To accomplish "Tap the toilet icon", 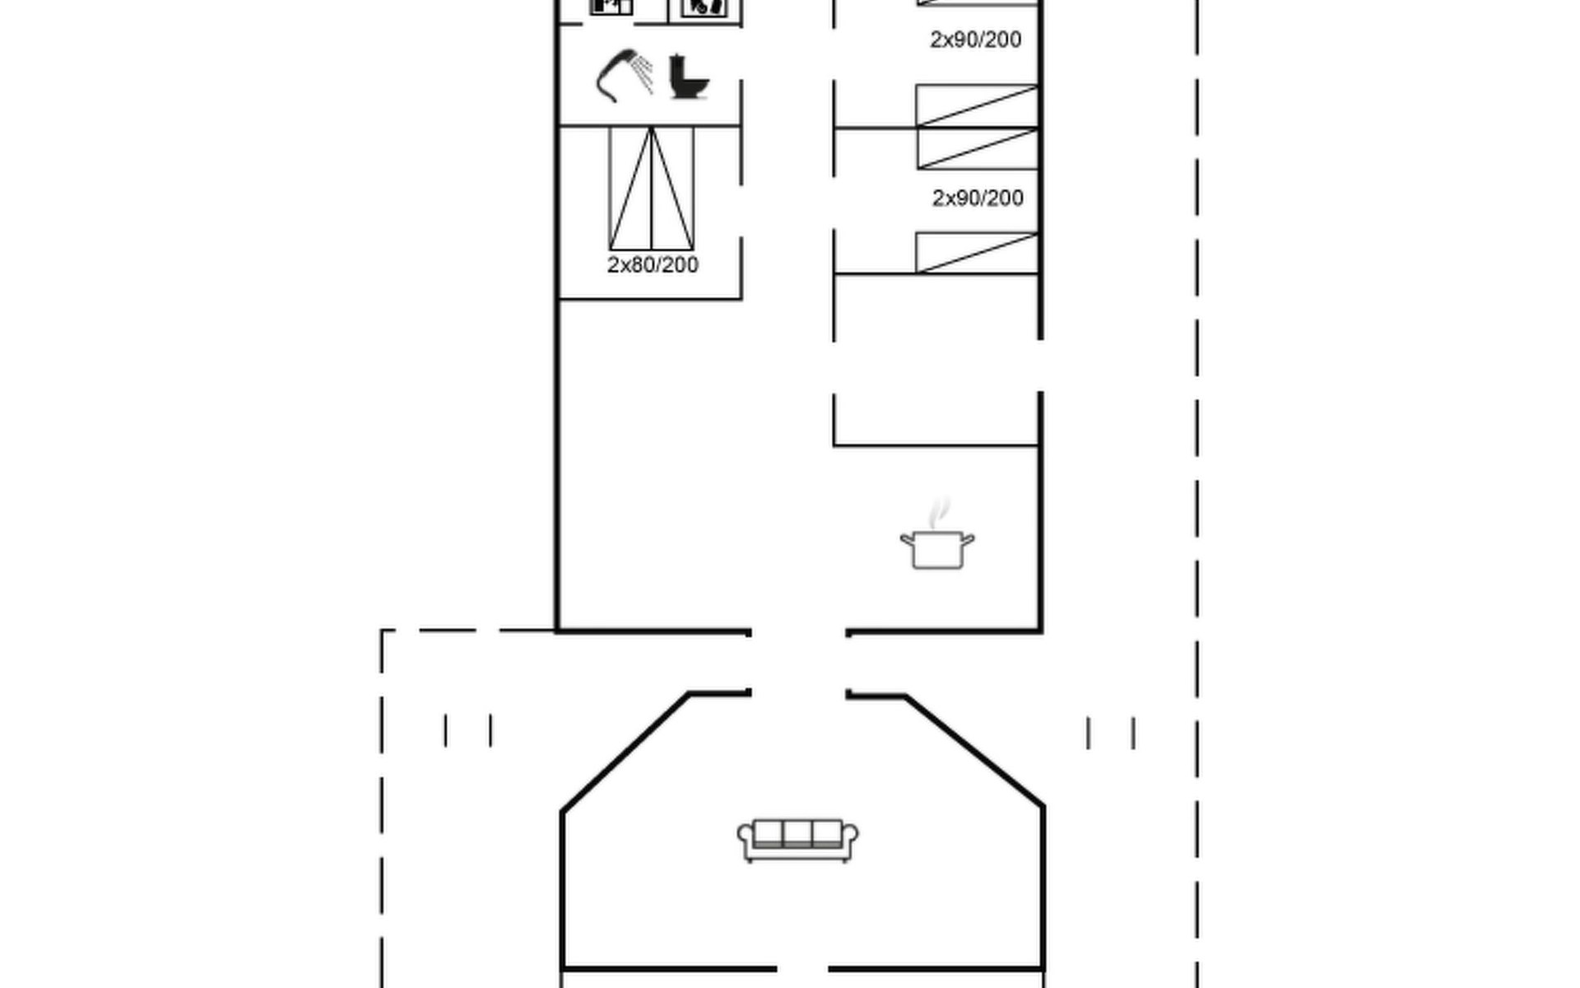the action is [x=688, y=77].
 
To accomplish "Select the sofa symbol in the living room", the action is [x=797, y=840].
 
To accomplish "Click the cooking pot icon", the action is [x=937, y=549].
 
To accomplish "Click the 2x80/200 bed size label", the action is [x=653, y=265].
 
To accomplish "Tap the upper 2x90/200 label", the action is [x=976, y=40].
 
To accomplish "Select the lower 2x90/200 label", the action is [x=978, y=198].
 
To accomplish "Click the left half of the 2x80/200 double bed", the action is [x=630, y=189].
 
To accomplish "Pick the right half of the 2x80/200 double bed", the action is [x=672, y=189].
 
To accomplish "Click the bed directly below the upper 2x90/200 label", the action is [x=977, y=106].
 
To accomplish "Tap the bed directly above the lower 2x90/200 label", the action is [x=978, y=149].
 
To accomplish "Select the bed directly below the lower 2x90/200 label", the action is [x=977, y=253].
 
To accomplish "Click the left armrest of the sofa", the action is [x=746, y=840].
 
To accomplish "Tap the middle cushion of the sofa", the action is [x=797, y=833].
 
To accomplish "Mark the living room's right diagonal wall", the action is [x=975, y=751].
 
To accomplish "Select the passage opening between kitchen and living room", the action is [x=798, y=663].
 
